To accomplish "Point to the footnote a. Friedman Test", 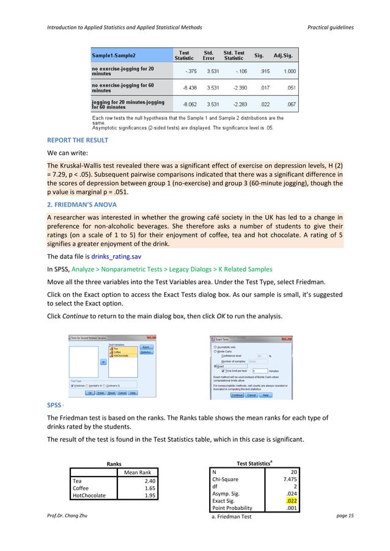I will [x=233, y=517].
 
